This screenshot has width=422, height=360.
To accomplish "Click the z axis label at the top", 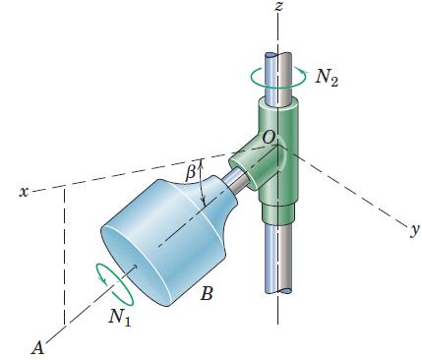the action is [x=278, y=6].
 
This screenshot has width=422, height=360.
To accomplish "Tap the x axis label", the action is [x=24, y=192].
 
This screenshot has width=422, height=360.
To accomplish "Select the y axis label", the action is [x=415, y=231].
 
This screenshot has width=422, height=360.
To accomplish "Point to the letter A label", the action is [x=38, y=347].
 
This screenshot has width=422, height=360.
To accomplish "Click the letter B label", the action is [x=207, y=294].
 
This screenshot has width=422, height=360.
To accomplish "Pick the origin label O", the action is [x=268, y=138].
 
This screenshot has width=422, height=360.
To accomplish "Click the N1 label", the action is [x=120, y=317].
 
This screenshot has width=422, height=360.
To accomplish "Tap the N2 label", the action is [x=327, y=78].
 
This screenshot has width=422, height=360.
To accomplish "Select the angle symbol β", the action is [x=191, y=173].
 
